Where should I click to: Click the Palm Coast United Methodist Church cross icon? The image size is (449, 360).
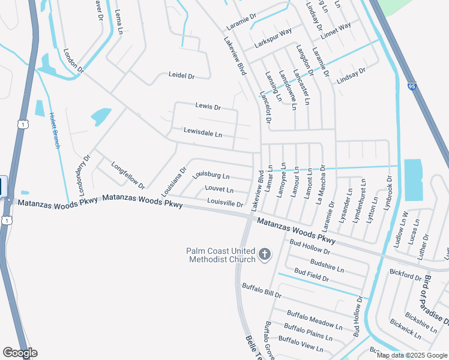coord(264,255)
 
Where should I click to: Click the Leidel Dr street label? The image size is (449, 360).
coord(182,76)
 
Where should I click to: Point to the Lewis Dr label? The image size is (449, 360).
coord(208,107)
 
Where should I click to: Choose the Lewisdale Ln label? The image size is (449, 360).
coord(203,132)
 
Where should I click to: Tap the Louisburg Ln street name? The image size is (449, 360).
coord(211,176)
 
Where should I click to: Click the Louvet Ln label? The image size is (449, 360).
coord(219,190)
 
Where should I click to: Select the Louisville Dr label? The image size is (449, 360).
coord(224,203)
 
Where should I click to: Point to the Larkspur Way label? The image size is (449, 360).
coord(273,38)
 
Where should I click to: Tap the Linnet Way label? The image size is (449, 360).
coord(336,30)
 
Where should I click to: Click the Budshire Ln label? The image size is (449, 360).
coord(326,265)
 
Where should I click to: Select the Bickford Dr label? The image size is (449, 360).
coord(405,275)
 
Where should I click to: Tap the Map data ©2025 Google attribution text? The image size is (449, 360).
coord(411,355)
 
